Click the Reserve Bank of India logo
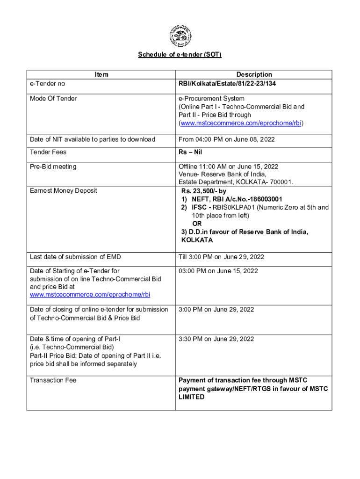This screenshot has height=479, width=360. point(180,36)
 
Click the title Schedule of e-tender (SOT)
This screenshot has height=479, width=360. point(180,55)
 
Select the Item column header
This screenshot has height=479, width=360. point(101,74)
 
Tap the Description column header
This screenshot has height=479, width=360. point(254,74)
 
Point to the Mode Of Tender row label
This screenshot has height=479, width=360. point(53,98)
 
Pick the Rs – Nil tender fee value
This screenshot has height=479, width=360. point(190,152)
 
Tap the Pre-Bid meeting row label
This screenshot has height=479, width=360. point(53,167)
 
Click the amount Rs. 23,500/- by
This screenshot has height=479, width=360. point(207,191)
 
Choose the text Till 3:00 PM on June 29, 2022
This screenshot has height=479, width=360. point(221,257)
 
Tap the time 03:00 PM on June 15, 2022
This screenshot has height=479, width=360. point(218,271)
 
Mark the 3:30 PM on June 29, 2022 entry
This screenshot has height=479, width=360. point(216,339)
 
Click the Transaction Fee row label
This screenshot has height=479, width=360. point(53,380)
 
